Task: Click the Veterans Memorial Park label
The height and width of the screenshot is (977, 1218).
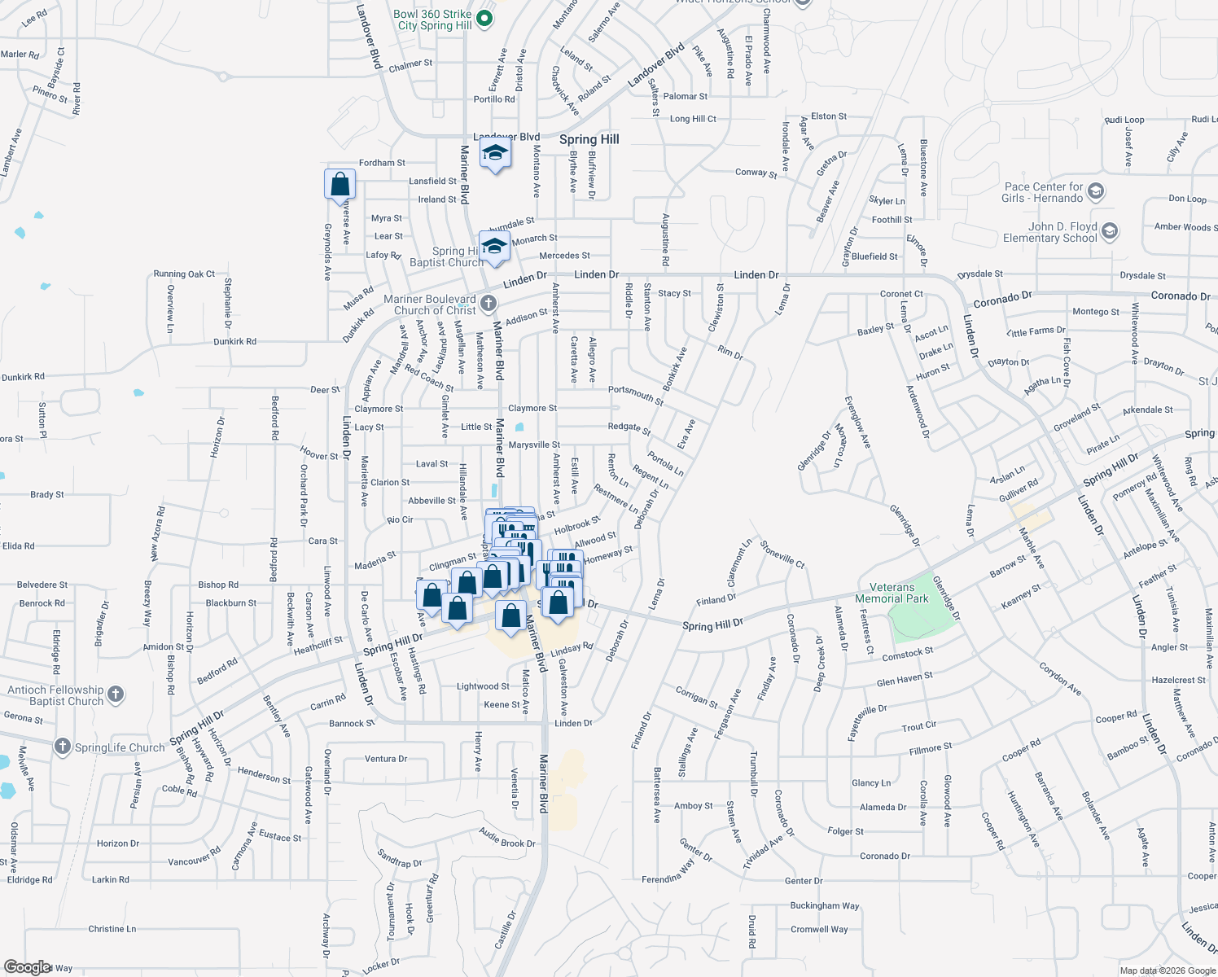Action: point(892,593)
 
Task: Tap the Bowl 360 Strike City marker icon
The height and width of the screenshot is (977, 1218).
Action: point(484,18)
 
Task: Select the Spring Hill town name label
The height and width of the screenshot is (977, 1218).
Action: point(589,139)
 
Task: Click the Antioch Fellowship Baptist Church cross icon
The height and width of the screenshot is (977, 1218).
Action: point(116,694)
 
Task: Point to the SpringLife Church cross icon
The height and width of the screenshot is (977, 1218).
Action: point(63,747)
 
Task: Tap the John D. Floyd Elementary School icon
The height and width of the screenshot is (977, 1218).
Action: point(1109,231)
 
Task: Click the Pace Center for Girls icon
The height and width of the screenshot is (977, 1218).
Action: point(1095,191)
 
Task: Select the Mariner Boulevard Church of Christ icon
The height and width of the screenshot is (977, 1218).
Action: point(488,304)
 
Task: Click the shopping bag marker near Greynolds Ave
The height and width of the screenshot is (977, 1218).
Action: point(340,184)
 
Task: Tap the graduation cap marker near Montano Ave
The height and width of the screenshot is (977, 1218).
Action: point(494,153)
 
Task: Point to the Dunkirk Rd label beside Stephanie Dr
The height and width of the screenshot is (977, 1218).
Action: point(234,342)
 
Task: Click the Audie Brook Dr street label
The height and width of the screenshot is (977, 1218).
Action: point(506,839)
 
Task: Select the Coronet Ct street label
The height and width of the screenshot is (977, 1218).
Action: point(901,294)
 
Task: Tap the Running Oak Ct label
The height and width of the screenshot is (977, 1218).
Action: point(184,274)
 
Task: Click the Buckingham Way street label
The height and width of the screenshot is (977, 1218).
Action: point(824,905)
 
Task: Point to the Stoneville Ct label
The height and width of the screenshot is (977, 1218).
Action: point(782,554)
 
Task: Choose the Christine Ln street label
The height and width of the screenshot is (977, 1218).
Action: point(112,929)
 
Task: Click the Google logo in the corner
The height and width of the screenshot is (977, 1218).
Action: point(27,967)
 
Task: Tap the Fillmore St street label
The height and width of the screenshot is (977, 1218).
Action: point(930,747)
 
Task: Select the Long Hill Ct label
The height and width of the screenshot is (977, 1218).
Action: point(693,119)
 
